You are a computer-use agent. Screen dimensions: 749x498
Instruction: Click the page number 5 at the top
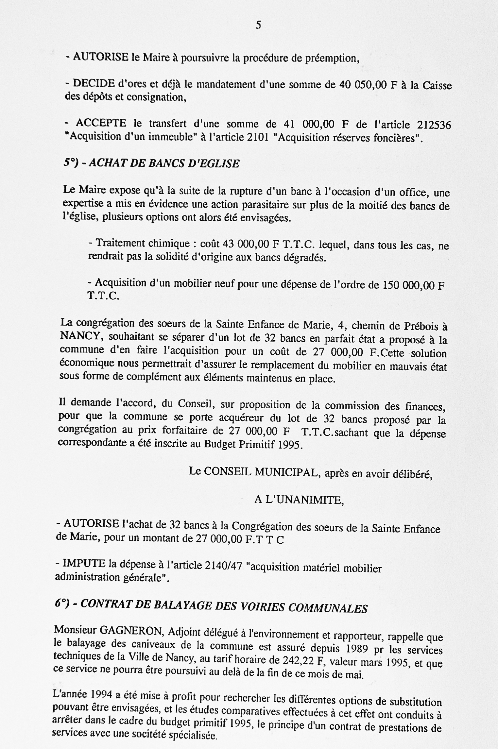tap(258, 26)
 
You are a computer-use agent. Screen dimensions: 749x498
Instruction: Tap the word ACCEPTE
tap(101, 123)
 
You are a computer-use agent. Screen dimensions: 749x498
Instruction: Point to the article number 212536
tap(434, 125)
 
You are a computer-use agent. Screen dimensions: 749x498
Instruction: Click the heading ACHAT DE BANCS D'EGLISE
tap(164, 163)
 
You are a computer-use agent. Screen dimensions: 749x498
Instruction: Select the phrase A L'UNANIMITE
tap(299, 501)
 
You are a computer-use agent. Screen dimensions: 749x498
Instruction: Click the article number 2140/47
tap(223, 566)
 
